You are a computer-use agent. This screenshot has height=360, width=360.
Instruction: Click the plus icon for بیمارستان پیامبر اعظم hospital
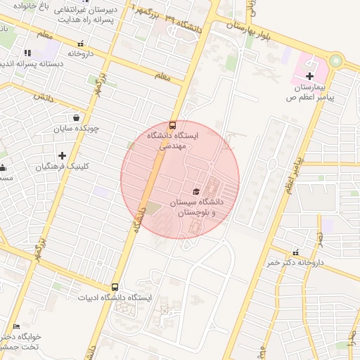coord(309,76)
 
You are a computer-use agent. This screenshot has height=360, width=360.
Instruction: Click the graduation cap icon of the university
coord(195,191)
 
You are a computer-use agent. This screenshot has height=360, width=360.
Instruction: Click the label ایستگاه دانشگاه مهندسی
coord(172,141)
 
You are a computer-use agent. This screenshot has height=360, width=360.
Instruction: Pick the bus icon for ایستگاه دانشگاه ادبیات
coord(115,287)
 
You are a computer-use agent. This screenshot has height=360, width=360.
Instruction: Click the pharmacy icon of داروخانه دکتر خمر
coord(295,252)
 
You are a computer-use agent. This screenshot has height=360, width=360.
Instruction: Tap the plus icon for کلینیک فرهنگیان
coord(63,155)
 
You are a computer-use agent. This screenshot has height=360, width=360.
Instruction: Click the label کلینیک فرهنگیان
coord(63,167)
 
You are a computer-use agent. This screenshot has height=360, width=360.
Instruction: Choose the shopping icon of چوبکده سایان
coord(76,118)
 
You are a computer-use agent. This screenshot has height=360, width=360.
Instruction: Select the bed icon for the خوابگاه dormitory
coord(17,326)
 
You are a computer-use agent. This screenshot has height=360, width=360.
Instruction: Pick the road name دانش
coord(42,97)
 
